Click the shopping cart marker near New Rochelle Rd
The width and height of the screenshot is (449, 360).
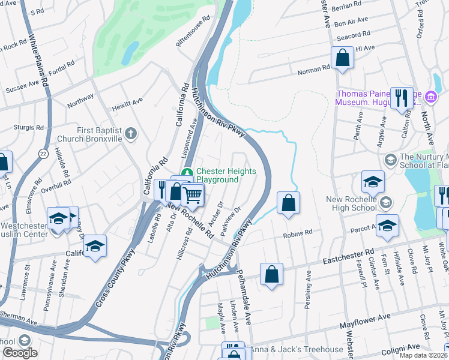[192, 194]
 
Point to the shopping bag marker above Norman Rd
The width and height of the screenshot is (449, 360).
[342, 59]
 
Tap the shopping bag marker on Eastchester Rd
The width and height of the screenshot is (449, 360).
[271, 274]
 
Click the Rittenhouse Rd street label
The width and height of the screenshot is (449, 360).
[192, 26]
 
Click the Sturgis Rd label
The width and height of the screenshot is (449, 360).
[29, 128]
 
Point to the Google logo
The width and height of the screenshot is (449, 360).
[20, 353]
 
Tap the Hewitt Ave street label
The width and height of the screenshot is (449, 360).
[127, 105]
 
